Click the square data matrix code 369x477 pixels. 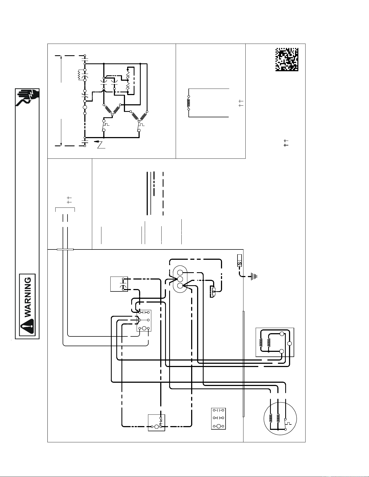287,60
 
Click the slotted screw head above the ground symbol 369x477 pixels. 239,263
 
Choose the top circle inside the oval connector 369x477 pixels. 180,273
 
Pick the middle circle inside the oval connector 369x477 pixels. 180,279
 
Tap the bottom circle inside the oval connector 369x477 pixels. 180,286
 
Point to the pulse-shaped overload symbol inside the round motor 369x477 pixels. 289,423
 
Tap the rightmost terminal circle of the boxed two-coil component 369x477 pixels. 290,343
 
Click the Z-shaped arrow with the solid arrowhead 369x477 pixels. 100,144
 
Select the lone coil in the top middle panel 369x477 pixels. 189,103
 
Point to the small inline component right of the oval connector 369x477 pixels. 214,292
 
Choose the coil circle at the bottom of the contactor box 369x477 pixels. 144,329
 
